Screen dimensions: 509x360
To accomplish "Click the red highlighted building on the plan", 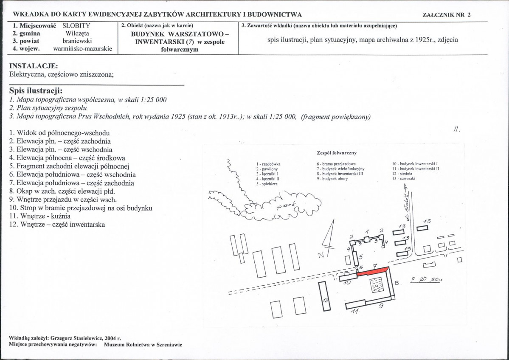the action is [373, 271].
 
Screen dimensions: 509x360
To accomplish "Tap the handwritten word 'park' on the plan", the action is [286, 205].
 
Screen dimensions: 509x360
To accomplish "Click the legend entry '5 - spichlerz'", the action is [267, 184].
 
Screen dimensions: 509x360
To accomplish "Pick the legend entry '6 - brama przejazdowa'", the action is [336, 164].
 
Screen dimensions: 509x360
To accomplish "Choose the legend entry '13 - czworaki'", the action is [403, 178].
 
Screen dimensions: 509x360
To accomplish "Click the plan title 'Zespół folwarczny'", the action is [337, 152].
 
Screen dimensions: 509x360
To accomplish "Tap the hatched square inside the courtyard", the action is [377, 285].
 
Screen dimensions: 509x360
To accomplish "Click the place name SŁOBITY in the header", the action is [76, 25].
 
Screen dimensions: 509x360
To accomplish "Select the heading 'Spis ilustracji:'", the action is [36, 91].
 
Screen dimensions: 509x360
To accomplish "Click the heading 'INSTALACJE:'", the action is [34, 66].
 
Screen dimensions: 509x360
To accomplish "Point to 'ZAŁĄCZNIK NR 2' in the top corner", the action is [447, 14].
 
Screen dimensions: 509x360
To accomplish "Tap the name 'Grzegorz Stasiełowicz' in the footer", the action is [75, 339].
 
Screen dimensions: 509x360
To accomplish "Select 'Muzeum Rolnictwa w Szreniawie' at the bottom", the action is [143, 345].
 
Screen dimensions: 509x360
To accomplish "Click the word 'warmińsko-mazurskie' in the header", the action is [82, 49].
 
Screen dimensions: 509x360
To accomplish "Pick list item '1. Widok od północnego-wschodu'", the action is [59, 133].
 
